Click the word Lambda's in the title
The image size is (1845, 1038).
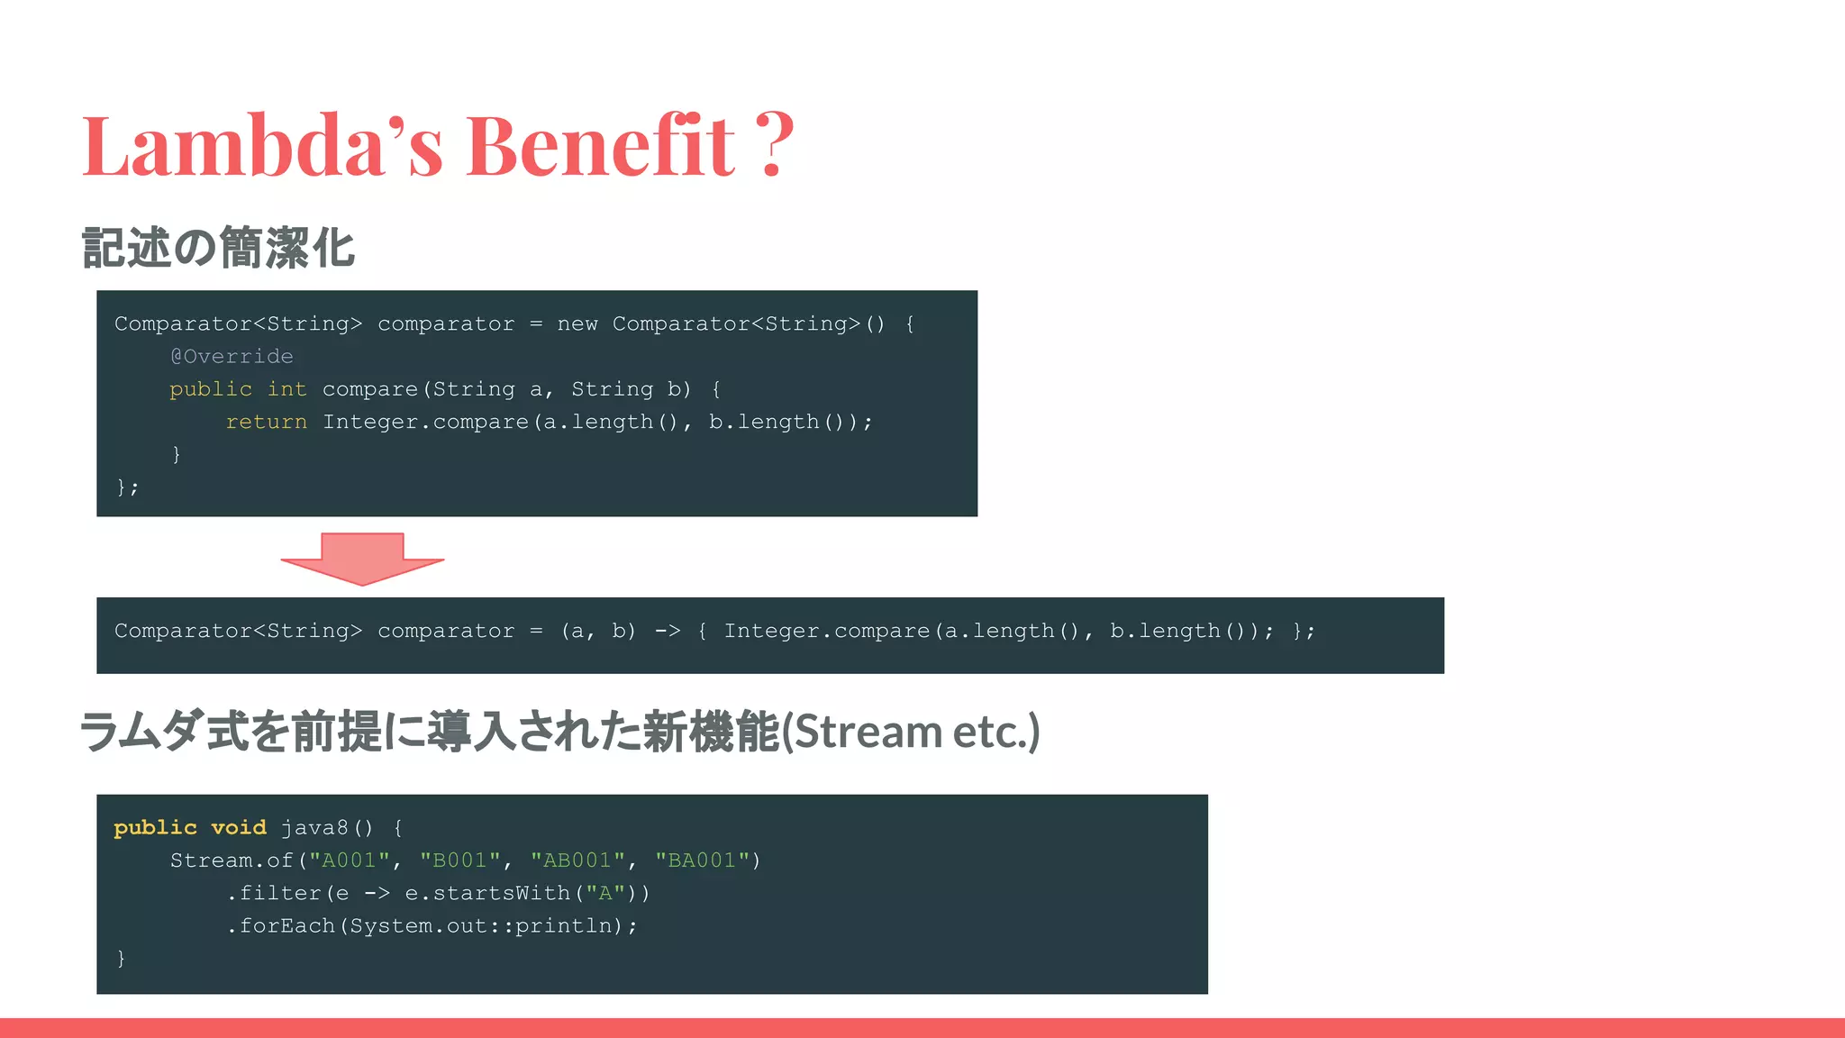pyautogui.click(x=262, y=145)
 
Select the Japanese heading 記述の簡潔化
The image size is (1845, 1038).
pyautogui.click(x=218, y=248)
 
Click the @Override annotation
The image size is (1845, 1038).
pyautogui.click(x=232, y=357)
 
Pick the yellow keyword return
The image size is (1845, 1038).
pyautogui.click(x=266, y=422)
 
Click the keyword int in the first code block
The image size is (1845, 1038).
pyautogui.click(x=286, y=389)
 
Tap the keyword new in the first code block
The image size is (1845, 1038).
pyautogui.click(x=577, y=324)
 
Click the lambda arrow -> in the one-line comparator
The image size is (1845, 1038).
pyautogui.click(x=667, y=631)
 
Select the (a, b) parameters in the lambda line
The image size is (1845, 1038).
pyautogui.click(x=598, y=631)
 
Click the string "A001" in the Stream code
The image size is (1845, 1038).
pyautogui.click(x=350, y=860)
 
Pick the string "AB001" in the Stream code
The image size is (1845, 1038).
pyautogui.click(x=577, y=860)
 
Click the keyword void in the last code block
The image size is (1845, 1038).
pyautogui.click(x=239, y=827)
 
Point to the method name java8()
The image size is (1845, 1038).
pyautogui.click(x=326, y=827)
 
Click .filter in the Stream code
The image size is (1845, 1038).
pyautogui.click(x=274, y=893)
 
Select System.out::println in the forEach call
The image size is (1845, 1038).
pyautogui.click(x=481, y=926)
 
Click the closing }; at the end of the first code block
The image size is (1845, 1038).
pyautogui.click(x=127, y=487)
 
